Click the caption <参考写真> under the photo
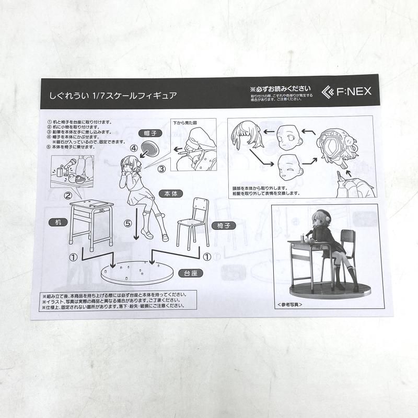[287, 304]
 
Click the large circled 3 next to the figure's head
[161, 168]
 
